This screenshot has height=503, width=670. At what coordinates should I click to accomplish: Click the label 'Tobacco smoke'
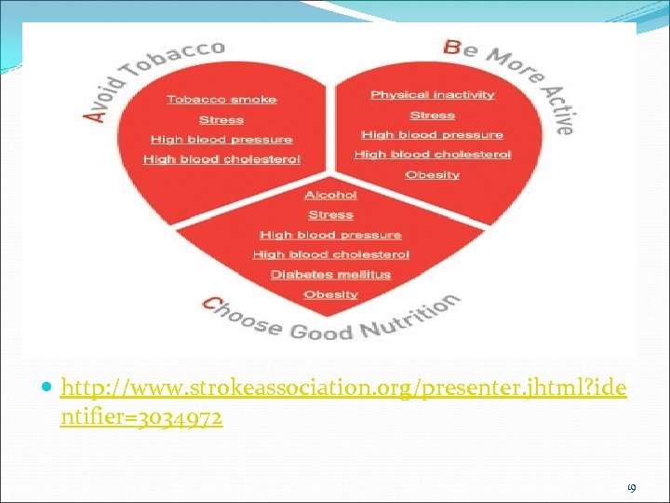coord(221,100)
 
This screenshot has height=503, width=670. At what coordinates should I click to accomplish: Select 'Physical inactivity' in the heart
coord(433,95)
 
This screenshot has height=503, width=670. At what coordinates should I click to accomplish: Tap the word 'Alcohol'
coord(330,195)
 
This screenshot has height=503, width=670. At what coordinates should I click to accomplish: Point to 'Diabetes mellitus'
coord(330,275)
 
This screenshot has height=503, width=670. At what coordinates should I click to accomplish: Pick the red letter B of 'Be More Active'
coord(453,47)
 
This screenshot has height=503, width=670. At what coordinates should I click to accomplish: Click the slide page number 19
coord(632,485)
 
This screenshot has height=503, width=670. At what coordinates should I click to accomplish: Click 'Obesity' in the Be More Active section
coord(433,174)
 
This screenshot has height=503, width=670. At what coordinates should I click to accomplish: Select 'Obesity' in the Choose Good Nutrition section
coord(330,294)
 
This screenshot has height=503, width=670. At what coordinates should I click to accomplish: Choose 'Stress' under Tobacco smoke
coord(221,120)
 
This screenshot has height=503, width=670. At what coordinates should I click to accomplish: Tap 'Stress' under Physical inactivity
coord(433,116)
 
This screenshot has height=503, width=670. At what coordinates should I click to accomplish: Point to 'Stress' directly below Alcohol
coord(330,215)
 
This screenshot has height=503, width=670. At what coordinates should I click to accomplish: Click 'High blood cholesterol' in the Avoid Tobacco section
coord(221,159)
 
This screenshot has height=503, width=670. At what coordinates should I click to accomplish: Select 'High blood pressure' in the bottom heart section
coord(330,235)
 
